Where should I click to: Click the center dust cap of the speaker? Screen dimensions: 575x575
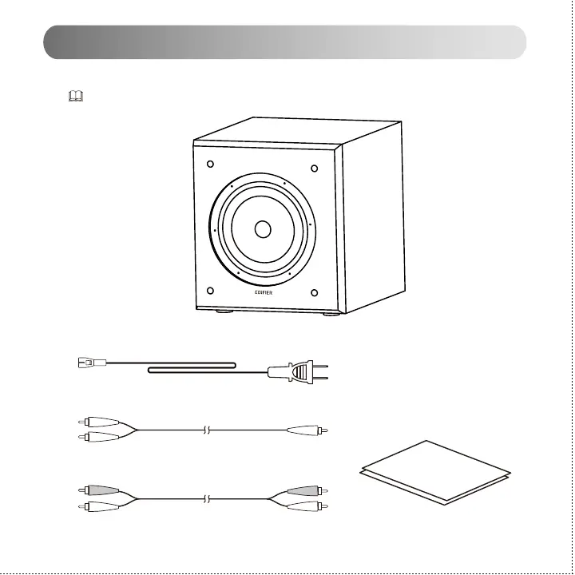(262, 229)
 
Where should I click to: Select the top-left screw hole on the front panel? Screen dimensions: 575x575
(209, 165)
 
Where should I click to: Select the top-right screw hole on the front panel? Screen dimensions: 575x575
(315, 168)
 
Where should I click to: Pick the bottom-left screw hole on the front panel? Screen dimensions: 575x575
(209, 291)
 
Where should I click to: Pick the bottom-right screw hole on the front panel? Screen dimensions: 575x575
(315, 292)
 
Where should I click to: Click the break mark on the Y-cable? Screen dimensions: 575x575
(206, 430)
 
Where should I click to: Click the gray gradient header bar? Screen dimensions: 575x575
(284, 42)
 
